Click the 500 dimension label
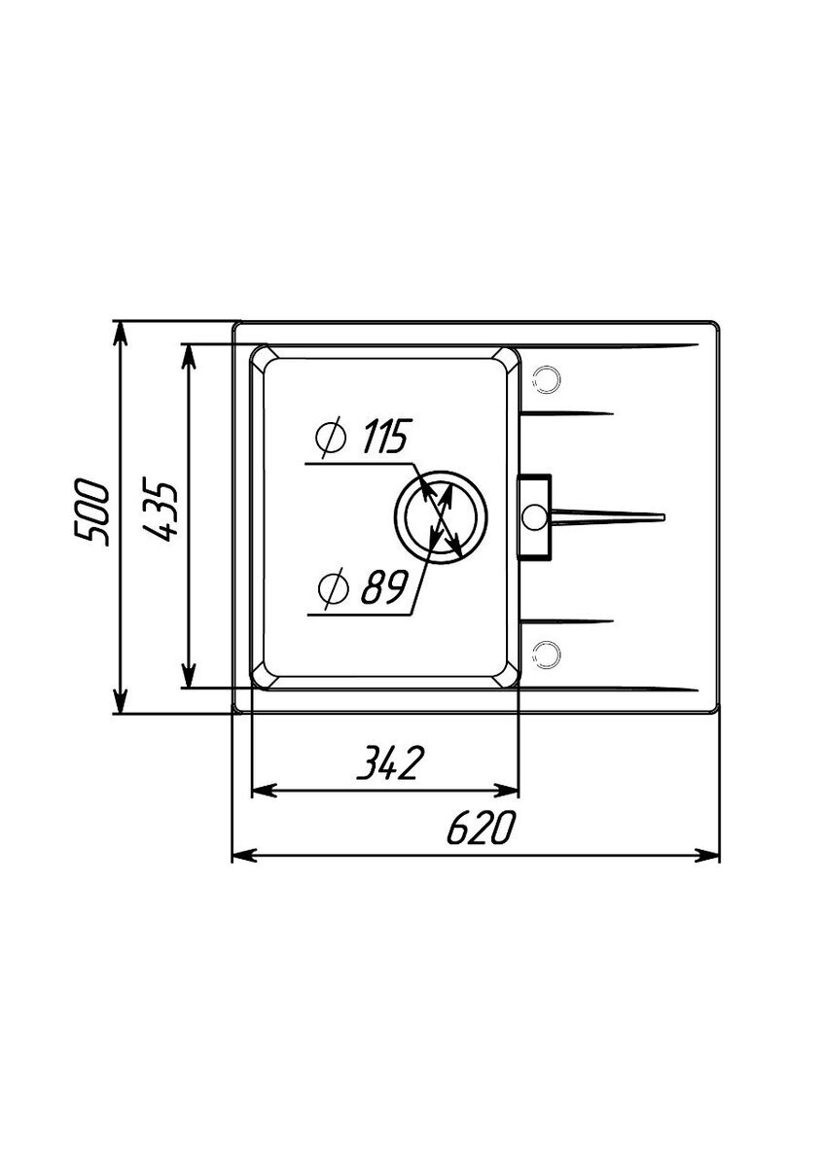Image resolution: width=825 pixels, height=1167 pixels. pyautogui.click(x=90, y=513)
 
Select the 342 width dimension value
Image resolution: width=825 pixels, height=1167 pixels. pyautogui.click(x=388, y=762)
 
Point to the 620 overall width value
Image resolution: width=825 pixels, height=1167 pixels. pyautogui.click(x=481, y=827)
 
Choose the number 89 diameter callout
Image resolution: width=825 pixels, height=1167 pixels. pyautogui.click(x=382, y=587)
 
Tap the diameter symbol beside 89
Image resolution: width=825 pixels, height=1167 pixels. pyautogui.click(x=333, y=588)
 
